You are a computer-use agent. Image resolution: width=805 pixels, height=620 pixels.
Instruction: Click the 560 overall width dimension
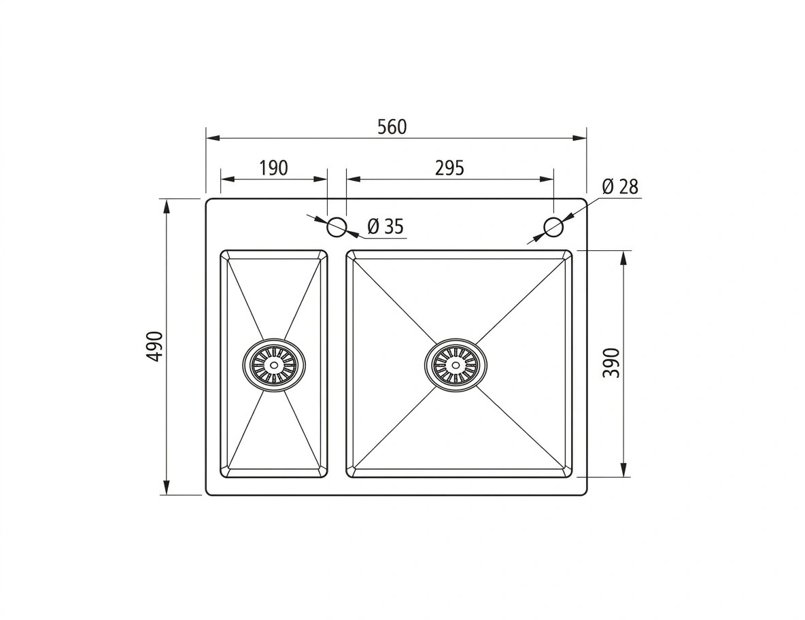point(392,126)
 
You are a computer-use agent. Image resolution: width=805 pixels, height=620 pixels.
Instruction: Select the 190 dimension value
point(273,168)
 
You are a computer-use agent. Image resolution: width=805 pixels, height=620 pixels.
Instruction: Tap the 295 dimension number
point(449,168)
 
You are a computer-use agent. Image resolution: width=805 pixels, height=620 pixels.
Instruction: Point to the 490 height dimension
point(154,347)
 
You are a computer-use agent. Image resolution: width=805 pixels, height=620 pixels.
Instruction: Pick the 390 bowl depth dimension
point(611,363)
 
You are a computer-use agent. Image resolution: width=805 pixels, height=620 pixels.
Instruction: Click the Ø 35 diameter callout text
point(386,226)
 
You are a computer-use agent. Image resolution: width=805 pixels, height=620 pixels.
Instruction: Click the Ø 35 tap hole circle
point(337,226)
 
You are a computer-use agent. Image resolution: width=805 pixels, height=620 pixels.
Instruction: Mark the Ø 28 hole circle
point(553,226)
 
